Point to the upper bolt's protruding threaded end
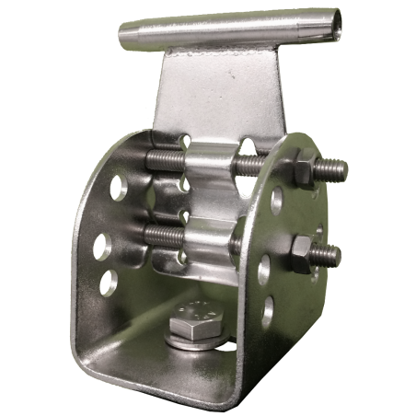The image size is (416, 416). [332, 168]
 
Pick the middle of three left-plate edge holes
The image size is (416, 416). [104, 244]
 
